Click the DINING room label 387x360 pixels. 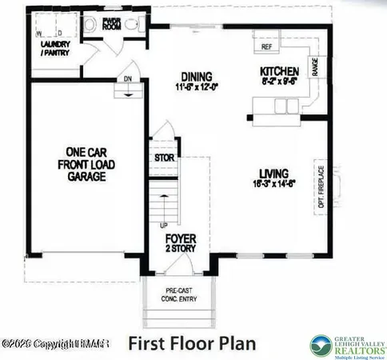194,76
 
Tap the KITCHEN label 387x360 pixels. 280,71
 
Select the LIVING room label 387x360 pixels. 273,173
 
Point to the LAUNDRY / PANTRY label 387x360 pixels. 54,49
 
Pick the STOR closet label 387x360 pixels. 165,158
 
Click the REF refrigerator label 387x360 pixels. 267,47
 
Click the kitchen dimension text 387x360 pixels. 280,81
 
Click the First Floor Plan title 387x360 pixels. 192,343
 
